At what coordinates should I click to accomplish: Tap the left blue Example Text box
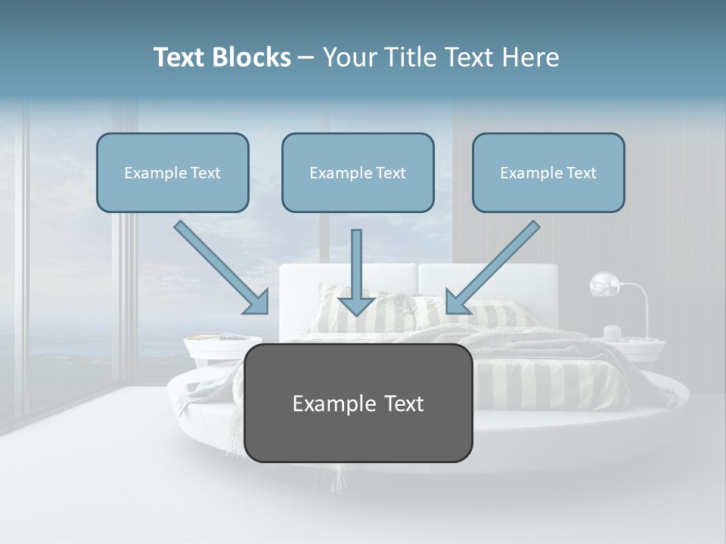172,172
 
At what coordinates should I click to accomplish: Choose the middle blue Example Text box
358,172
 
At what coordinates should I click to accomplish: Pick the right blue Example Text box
548,172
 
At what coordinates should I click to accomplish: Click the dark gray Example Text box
358,403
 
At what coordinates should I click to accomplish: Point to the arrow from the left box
221,267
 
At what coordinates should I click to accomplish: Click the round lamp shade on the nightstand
606,285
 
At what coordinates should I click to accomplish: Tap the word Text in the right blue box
581,173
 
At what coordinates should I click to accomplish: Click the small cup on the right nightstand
613,332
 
